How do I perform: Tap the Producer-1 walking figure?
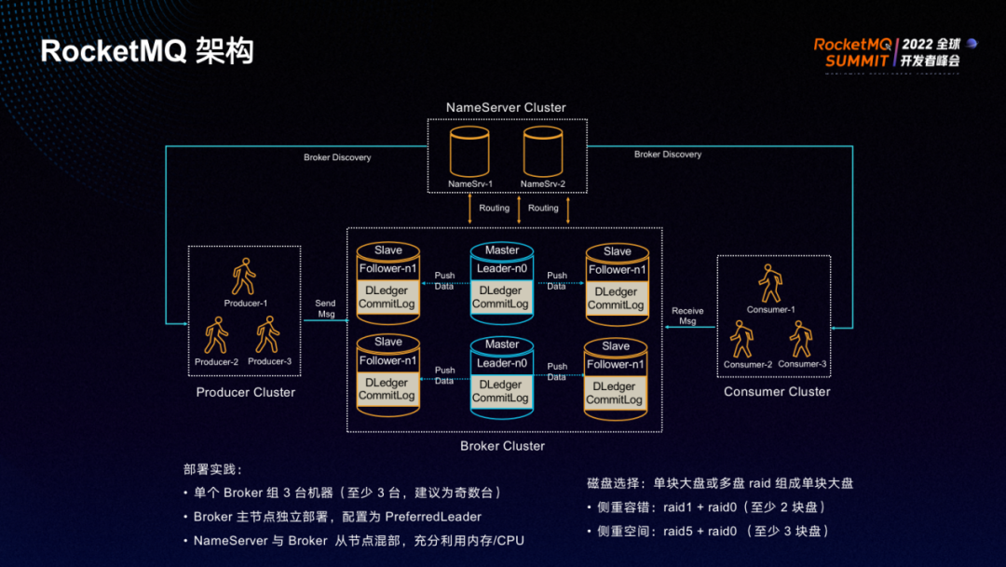pos(244,277)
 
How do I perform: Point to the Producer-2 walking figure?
pos(216,336)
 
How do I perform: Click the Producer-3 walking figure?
pos(268,336)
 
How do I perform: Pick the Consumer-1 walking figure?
pos(770,283)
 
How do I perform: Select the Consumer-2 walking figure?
pos(742,340)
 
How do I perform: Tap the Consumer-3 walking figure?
pos(800,340)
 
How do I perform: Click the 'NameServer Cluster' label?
pos(506,107)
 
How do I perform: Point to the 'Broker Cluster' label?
pos(503,446)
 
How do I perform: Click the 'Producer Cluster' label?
pos(246,392)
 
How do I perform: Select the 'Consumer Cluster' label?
pos(777,391)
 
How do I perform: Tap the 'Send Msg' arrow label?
pos(325,308)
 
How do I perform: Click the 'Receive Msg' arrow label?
pos(687,316)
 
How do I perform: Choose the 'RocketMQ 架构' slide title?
pos(147,51)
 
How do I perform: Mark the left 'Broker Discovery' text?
pos(337,157)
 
